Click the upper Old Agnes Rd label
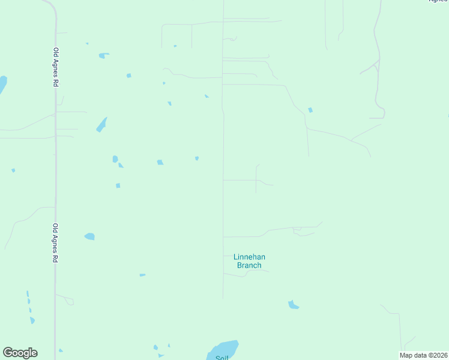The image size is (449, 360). point(55,68)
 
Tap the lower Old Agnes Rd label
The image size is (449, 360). point(55,243)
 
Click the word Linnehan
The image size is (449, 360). point(249,257)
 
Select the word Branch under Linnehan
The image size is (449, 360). point(249,265)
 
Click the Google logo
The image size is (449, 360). point(20,353)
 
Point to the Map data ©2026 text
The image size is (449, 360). point(423,355)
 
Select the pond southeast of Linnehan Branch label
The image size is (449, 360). point(293,305)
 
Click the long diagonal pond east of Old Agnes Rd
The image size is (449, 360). point(101,125)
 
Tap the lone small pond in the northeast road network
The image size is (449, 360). point(310,110)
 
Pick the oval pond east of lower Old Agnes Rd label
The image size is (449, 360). point(89,236)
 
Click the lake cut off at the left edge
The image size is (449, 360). point(2,84)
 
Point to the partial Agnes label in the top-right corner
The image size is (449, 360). point(438,1)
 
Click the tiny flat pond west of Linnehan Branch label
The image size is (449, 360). point(142,275)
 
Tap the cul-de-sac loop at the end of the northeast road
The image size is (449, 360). point(381,113)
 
